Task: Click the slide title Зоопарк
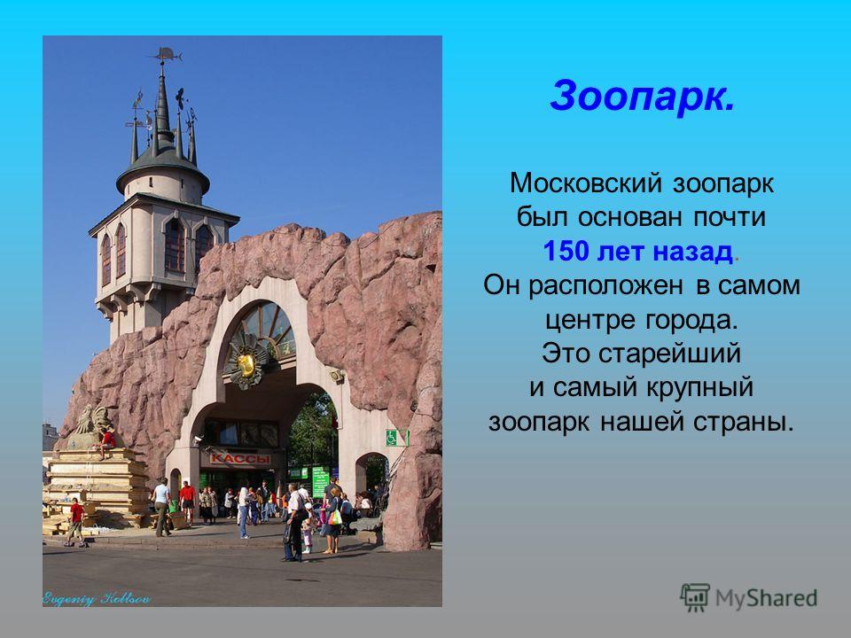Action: click(642, 96)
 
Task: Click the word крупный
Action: click(699, 388)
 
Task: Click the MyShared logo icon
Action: click(695, 597)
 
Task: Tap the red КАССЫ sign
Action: click(240, 459)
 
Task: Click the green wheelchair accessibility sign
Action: click(392, 437)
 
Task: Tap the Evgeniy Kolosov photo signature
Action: click(96, 599)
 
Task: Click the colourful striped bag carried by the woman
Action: click(335, 517)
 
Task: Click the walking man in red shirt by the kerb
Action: click(76, 523)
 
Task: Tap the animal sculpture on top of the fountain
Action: click(92, 420)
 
